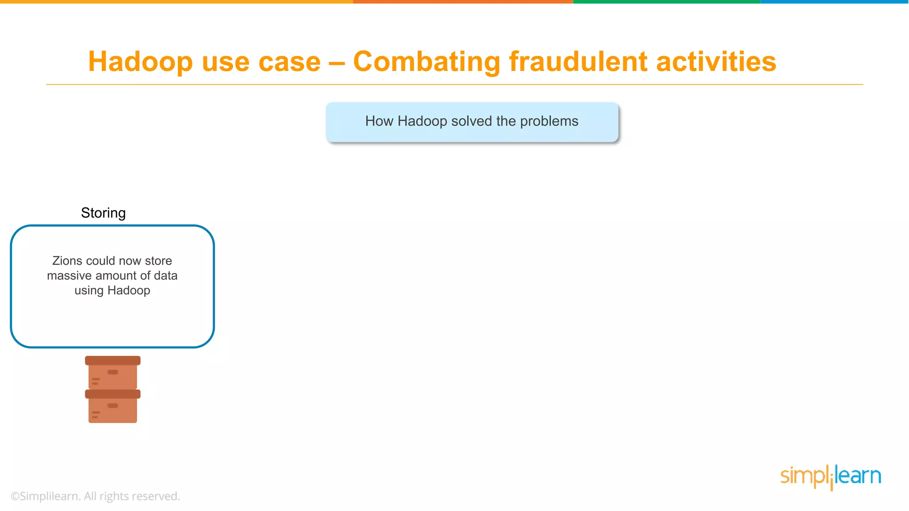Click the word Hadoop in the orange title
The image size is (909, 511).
(140, 62)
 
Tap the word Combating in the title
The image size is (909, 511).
(427, 62)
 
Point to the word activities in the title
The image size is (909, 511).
(716, 62)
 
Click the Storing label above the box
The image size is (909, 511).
(103, 213)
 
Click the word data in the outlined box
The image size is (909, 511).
(166, 275)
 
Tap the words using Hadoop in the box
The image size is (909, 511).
(112, 291)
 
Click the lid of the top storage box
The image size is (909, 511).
(113, 361)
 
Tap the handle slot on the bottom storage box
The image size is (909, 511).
(113, 405)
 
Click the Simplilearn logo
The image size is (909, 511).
(830, 477)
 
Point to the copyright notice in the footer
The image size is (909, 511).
(95, 496)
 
